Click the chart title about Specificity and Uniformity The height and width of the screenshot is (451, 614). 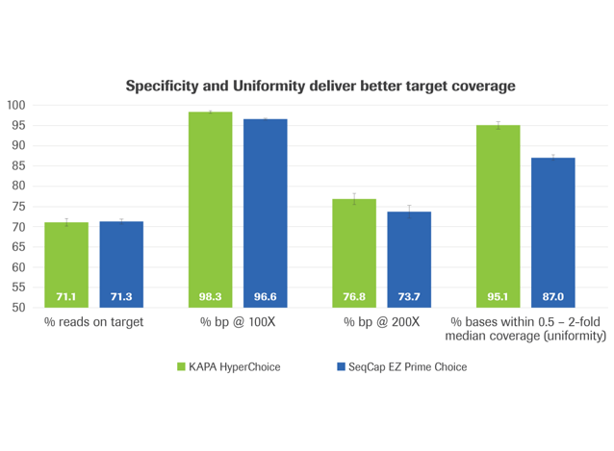click(x=320, y=86)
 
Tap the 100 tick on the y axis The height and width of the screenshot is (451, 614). click(x=16, y=105)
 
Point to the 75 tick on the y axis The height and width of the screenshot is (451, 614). click(x=19, y=207)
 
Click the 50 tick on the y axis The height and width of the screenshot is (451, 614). click(x=19, y=308)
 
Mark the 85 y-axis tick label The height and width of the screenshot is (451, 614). click(x=19, y=166)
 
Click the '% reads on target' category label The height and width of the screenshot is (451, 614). click(x=93, y=322)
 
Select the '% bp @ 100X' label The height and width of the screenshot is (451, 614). click(x=238, y=322)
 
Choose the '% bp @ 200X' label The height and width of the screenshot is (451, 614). click(x=381, y=322)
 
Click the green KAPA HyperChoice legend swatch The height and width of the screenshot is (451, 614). click(x=182, y=366)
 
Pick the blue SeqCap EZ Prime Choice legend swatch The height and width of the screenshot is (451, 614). click(x=341, y=366)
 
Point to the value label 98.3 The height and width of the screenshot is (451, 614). click(x=210, y=297)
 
